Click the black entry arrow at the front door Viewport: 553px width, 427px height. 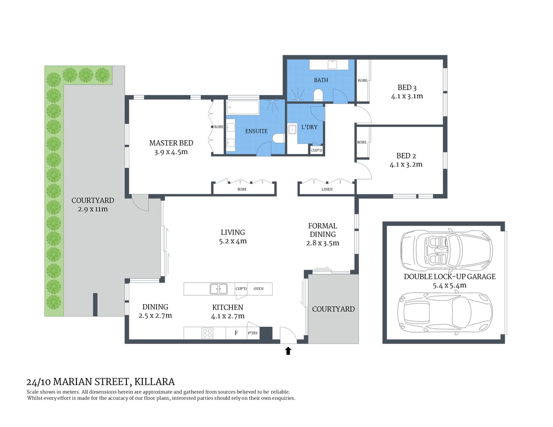click(x=288, y=351)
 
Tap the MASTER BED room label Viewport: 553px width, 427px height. click(x=171, y=143)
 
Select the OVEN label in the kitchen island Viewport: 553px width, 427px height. click(x=259, y=289)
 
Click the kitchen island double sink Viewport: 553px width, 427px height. click(x=218, y=289)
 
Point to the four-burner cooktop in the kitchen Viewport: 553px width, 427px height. click(x=207, y=333)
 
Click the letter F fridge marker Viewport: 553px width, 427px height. click(x=236, y=333)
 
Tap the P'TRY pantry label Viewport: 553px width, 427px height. click(x=253, y=333)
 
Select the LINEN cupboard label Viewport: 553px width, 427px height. click(x=327, y=189)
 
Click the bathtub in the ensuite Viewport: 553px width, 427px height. click(x=242, y=108)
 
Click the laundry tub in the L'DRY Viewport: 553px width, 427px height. click(x=292, y=130)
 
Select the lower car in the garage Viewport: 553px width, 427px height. click(x=446, y=311)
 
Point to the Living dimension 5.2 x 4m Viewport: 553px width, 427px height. click(x=233, y=241)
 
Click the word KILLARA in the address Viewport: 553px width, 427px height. click(x=154, y=382)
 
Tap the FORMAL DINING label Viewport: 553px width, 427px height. click(x=322, y=230)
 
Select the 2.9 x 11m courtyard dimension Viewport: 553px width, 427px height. click(x=92, y=209)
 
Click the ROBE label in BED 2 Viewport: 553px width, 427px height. click(x=362, y=143)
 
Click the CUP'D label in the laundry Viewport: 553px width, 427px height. click(x=316, y=151)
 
